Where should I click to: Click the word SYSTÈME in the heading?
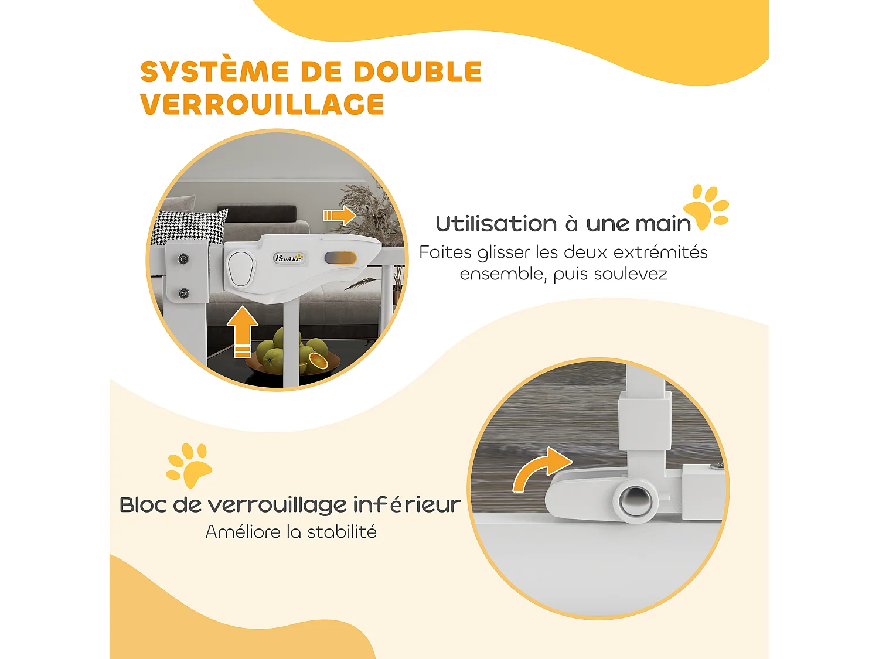214,72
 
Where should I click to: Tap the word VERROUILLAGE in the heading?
262,105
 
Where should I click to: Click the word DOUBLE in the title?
418,72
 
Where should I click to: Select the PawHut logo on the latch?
289,258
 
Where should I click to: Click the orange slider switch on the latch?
340,258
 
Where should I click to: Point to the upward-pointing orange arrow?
242,332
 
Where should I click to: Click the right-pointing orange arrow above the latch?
340,216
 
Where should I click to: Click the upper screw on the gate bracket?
183,258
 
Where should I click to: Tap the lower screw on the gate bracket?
183,293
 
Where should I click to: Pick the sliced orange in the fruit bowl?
318,361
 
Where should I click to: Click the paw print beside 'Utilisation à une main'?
707,207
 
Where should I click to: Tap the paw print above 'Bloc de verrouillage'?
189,465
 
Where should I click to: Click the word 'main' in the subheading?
663,224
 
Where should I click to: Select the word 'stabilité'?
342,532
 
